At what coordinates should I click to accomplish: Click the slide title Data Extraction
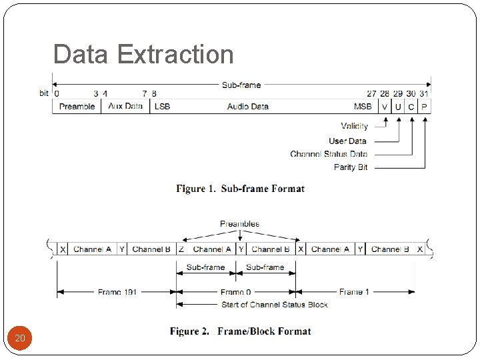[x=143, y=55]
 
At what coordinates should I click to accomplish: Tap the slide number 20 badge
[x=20, y=339]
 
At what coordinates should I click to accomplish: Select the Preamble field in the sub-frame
[x=77, y=107]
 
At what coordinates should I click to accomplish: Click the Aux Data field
[x=125, y=107]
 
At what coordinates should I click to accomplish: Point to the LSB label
[x=162, y=107]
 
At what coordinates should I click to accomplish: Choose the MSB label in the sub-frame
[x=363, y=107]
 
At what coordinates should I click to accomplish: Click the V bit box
[x=385, y=107]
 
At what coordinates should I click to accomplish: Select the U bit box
[x=398, y=107]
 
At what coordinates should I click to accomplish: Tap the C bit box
[x=411, y=107]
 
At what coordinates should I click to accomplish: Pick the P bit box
[x=425, y=107]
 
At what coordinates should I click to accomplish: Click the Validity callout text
[x=354, y=127]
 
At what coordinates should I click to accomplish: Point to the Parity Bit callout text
[x=351, y=167]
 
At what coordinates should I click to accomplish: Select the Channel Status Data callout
[x=329, y=154]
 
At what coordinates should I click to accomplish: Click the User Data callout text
[x=347, y=141]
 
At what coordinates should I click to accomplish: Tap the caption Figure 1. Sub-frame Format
[x=240, y=189]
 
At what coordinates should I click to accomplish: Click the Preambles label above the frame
[x=239, y=224]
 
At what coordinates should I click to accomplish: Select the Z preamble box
[x=182, y=249]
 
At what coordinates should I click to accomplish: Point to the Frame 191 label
[x=117, y=292]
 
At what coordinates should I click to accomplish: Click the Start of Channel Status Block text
[x=274, y=305]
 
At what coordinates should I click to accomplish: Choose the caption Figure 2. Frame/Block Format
[x=240, y=331]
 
